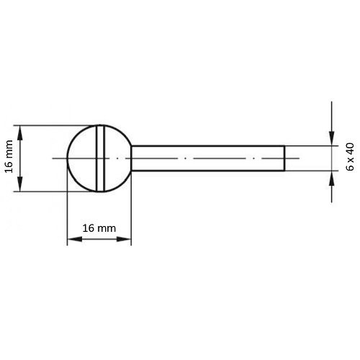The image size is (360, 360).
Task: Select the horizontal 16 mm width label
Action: click(x=99, y=228)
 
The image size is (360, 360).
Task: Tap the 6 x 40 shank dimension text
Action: click(x=351, y=157)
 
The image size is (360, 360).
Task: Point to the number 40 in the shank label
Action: click(x=351, y=149)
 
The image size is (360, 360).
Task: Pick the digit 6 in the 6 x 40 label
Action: click(x=351, y=167)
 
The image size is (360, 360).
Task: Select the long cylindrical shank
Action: click(x=209, y=158)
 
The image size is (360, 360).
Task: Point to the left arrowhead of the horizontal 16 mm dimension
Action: click(x=71, y=239)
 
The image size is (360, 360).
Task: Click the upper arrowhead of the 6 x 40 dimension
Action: click(x=331, y=141)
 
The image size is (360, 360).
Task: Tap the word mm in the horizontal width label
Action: click(x=107, y=228)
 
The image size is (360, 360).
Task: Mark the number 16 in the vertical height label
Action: click(x=9, y=168)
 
